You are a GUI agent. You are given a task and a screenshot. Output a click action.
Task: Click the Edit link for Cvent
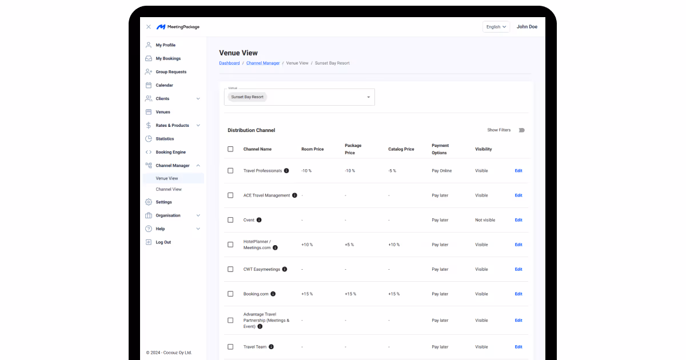pos(518,220)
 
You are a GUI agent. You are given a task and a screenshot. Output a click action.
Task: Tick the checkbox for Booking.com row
pos(230,294)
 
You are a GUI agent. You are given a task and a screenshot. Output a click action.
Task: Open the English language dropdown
pos(496,27)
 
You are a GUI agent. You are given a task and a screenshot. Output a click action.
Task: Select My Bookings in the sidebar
pos(168,58)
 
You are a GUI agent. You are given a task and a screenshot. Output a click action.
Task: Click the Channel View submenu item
pos(169,189)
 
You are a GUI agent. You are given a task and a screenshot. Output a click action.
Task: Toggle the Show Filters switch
pos(521,130)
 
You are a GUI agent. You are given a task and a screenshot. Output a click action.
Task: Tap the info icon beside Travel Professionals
pos(286,171)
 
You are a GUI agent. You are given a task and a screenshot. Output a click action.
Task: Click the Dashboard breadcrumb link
pos(229,63)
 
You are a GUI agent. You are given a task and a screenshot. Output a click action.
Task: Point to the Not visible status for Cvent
pos(485,220)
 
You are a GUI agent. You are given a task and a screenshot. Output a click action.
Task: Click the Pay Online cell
pos(441,171)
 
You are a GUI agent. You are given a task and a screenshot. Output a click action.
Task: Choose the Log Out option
pos(163,242)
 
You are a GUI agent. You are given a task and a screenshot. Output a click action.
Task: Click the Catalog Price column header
pos(401,149)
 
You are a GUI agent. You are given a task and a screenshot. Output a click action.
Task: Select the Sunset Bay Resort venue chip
pos(248,97)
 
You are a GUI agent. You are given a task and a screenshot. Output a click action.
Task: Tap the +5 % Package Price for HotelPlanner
pos(349,245)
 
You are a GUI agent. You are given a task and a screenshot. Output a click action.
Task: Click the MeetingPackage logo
pos(178,27)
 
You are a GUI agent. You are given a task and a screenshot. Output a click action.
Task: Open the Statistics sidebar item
pos(165,139)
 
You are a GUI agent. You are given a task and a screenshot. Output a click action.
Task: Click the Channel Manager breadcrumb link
pos(263,63)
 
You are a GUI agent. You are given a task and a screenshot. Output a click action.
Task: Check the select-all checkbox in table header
pos(230,149)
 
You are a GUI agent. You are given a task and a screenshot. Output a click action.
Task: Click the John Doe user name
pos(527,27)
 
